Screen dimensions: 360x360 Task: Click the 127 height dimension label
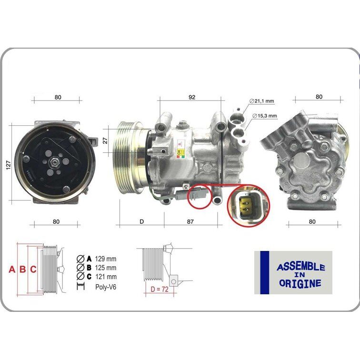tap(8, 164)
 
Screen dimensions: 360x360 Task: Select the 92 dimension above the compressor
tap(192, 97)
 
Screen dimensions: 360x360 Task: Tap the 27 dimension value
tap(105, 140)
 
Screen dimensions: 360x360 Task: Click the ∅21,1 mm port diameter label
tap(262, 101)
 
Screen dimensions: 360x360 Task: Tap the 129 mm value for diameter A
tap(106, 259)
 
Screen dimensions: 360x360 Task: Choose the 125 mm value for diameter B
tap(106, 268)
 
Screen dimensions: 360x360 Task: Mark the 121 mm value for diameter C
tap(106, 277)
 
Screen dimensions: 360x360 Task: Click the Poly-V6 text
tap(106, 287)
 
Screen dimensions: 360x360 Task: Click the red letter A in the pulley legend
tap(12, 270)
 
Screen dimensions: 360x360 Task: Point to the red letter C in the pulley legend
tap(33, 270)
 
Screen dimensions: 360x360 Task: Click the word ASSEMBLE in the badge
tap(301, 267)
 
